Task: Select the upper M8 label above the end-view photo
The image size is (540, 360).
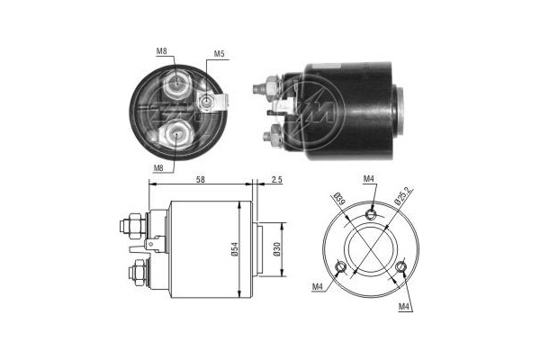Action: tap(162, 50)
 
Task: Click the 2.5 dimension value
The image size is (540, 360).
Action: tap(275, 181)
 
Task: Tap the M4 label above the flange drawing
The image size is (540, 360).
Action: tap(369, 180)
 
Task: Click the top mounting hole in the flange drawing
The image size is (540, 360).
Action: tap(373, 213)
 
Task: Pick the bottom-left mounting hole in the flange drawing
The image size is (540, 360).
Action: tap(339, 267)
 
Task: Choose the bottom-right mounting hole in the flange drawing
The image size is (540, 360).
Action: tap(402, 267)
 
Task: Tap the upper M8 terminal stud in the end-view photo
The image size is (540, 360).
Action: tap(177, 86)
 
